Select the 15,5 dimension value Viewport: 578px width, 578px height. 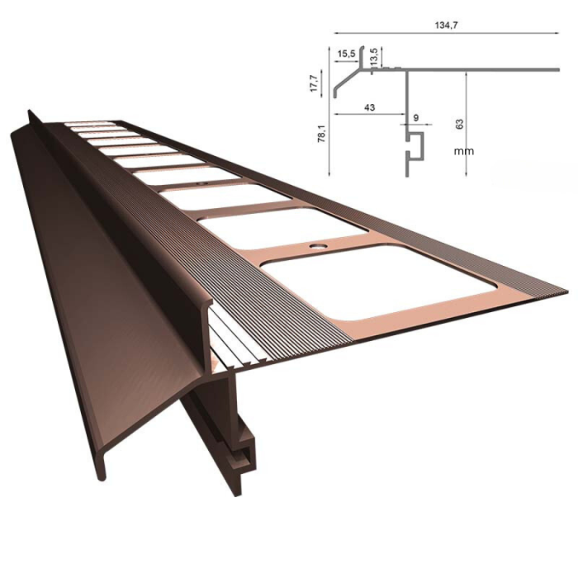click(x=347, y=54)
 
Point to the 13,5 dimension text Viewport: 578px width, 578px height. click(x=376, y=58)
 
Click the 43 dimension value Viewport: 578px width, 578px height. click(x=368, y=107)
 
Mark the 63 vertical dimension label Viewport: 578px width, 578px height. click(x=460, y=124)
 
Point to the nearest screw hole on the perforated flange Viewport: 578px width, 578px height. click(x=317, y=246)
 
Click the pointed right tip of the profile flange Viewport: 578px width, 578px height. click(x=564, y=291)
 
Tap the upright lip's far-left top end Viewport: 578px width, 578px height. click(x=31, y=113)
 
